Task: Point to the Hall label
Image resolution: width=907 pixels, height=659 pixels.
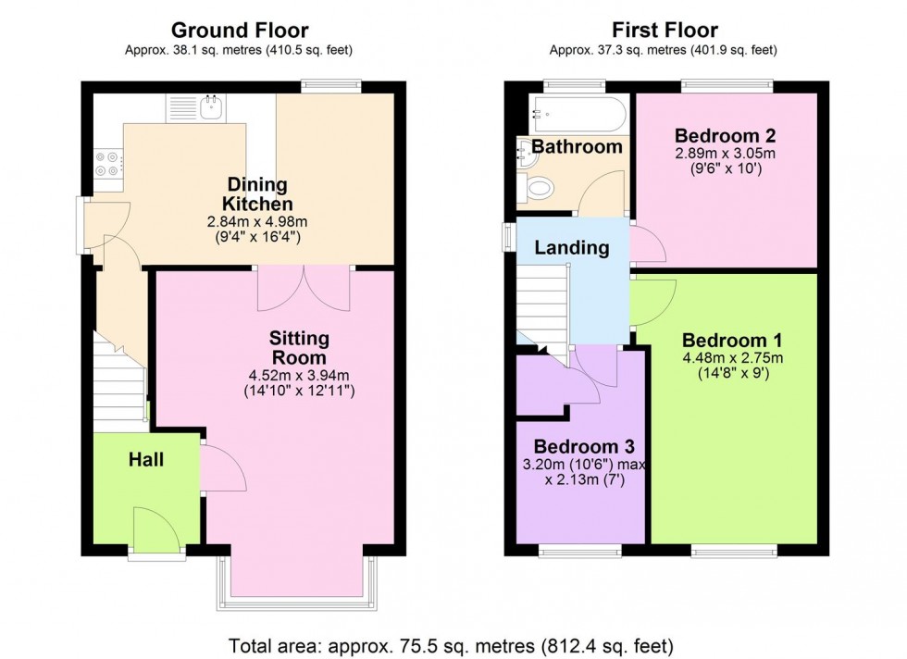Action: [x=146, y=459]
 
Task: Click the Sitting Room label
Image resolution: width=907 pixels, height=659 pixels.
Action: [x=299, y=348]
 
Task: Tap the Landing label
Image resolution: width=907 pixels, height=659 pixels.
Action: [x=572, y=247]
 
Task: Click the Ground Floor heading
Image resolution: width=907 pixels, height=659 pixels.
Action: [x=240, y=31]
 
